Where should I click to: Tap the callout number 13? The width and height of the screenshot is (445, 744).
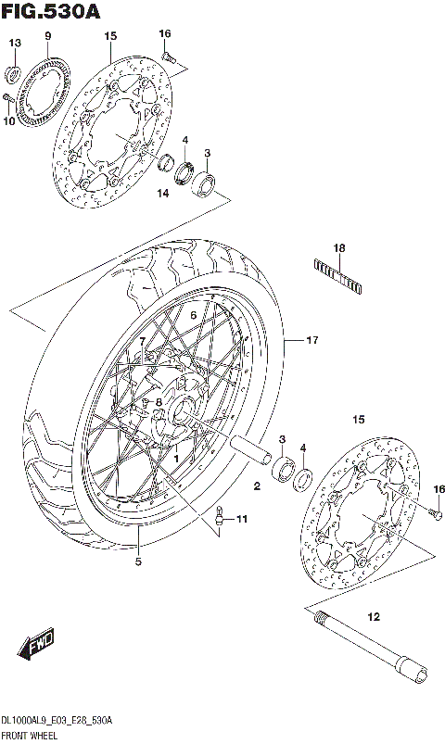[15, 44]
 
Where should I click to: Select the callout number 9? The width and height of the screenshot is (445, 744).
[46, 36]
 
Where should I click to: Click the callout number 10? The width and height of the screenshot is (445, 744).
[10, 119]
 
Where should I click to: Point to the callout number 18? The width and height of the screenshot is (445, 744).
[339, 248]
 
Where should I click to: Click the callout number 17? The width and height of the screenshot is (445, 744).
[311, 341]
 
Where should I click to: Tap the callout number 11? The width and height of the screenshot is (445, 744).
[242, 519]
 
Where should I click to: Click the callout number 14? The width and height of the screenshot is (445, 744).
[162, 194]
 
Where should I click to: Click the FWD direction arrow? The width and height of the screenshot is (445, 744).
[37, 641]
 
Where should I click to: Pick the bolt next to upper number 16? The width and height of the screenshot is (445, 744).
[169, 57]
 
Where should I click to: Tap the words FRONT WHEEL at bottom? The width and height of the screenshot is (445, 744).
[30, 734]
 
